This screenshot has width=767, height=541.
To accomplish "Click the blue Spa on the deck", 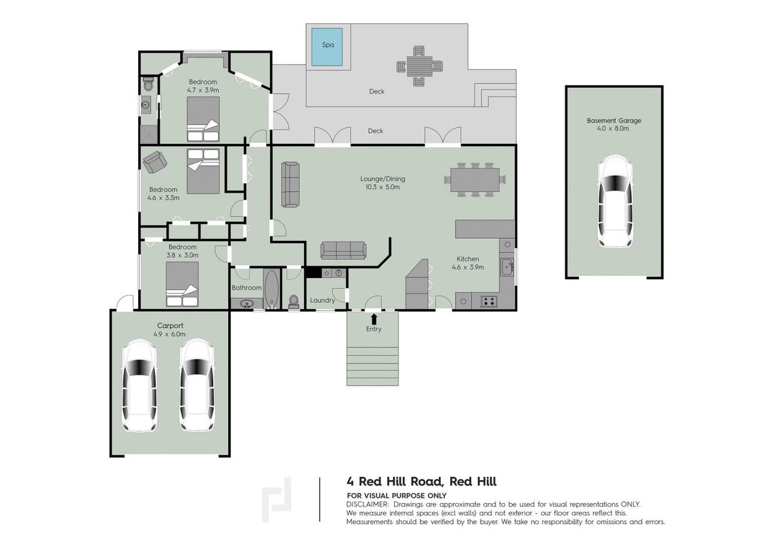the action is pos(327,47).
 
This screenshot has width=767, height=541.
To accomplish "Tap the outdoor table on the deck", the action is pos(419,66).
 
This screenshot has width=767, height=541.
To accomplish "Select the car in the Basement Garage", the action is pos(616,202).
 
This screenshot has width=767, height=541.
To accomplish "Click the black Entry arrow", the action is pos(374,319).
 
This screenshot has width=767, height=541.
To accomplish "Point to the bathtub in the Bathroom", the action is pos(271,289).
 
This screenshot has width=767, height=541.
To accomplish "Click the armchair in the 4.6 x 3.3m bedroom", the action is pos(154,161).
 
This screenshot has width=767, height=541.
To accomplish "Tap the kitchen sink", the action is pos(507,266).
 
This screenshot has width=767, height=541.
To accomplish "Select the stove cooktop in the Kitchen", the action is pos(488,301).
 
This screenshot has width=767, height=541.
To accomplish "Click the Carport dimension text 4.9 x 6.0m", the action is pos(170,334).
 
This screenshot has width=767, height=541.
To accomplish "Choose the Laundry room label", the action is pos(322,300).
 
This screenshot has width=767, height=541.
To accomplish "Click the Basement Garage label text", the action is pos(614,120).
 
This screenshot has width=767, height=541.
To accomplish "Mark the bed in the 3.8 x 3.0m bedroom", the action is pos(183,284).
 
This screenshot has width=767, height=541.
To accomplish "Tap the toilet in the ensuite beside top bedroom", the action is pos(148,85).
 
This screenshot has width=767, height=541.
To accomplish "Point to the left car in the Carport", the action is pos(139,386).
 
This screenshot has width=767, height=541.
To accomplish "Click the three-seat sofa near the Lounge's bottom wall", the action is pos(343,250).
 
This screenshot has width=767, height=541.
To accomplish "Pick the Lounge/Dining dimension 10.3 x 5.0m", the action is pos(382,187).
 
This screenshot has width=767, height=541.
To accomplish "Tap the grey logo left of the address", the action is pos(277,499).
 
